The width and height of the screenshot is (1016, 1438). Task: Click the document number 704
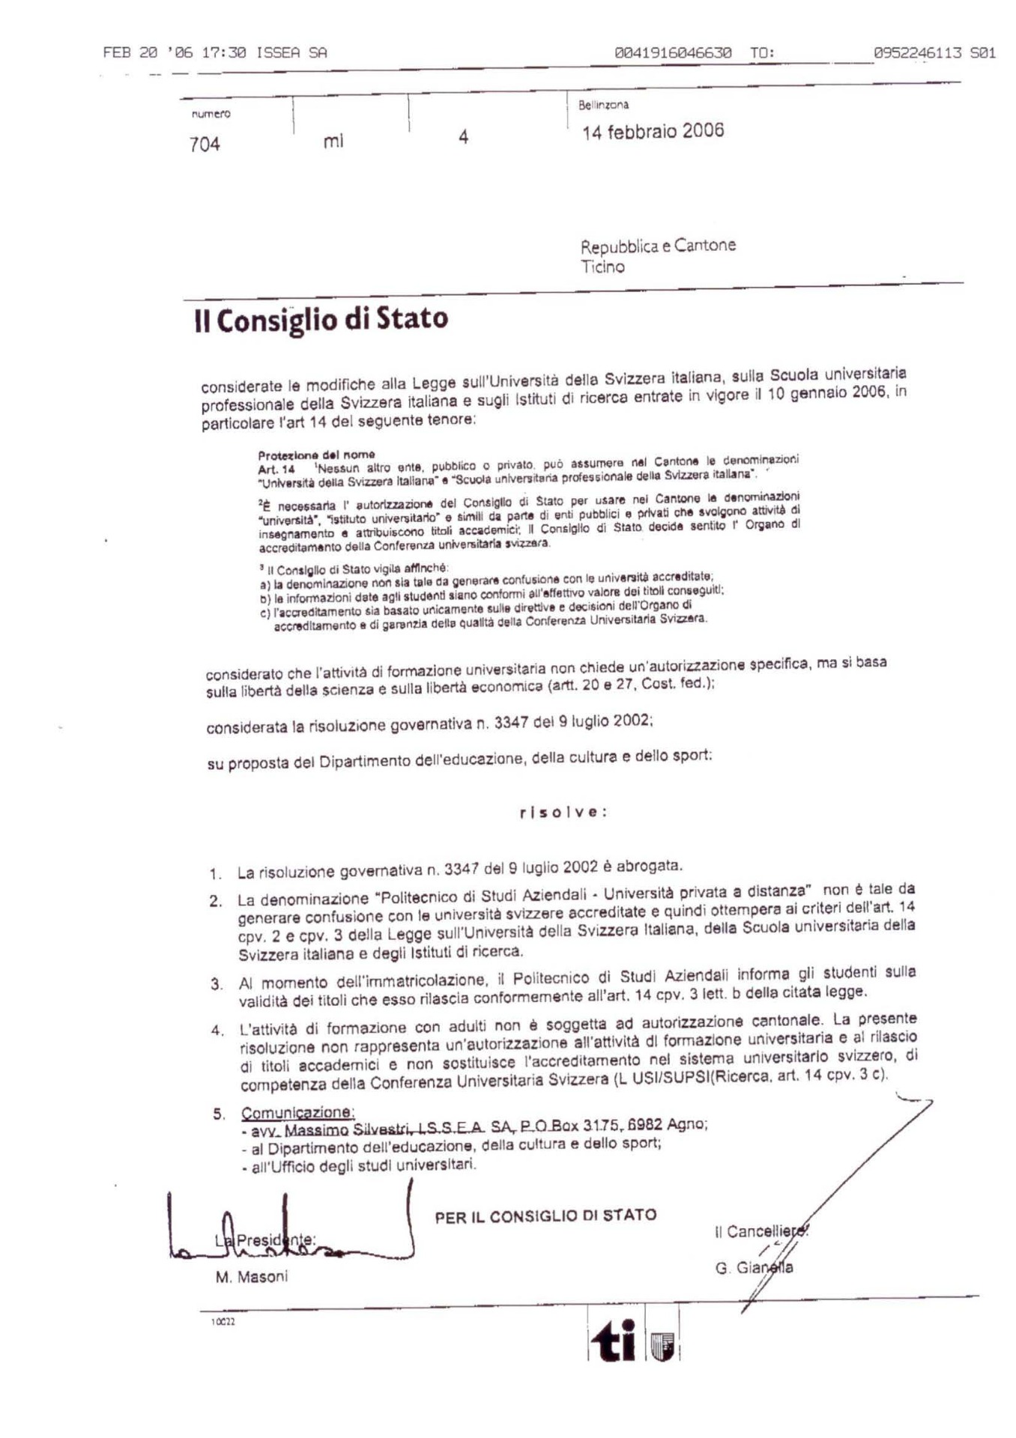click(205, 144)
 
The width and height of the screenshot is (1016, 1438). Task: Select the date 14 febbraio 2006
click(653, 132)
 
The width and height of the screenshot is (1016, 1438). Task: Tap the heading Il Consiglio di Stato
click(321, 320)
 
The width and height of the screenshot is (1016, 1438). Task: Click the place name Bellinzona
click(603, 106)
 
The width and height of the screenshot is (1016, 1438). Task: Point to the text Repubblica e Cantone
click(658, 246)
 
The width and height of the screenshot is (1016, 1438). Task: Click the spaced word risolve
click(563, 812)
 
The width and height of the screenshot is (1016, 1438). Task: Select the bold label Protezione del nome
click(316, 455)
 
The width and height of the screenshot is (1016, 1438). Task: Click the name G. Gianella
click(754, 1268)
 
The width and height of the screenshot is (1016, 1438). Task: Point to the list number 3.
click(217, 984)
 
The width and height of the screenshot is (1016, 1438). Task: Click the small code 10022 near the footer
click(223, 1322)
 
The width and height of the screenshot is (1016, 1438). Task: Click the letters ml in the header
click(333, 141)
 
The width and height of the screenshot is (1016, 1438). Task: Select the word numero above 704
click(211, 115)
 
